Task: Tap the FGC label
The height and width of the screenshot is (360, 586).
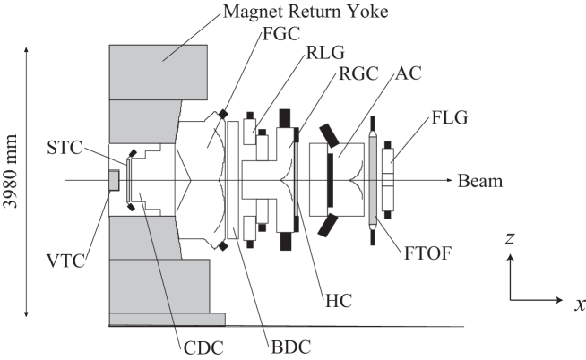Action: [280, 38]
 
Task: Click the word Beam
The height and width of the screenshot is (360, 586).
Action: [479, 181]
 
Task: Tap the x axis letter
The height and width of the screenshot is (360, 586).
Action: [579, 304]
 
